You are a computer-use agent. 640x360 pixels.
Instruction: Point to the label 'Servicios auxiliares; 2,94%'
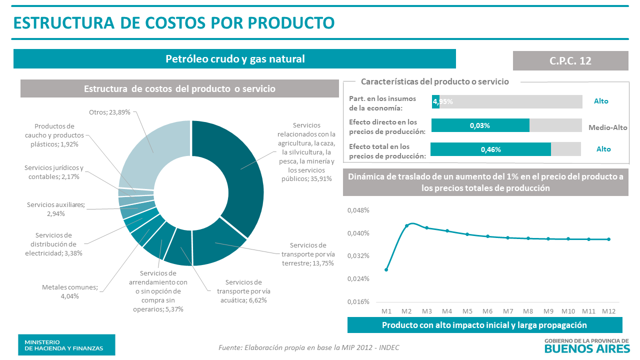point(56,209)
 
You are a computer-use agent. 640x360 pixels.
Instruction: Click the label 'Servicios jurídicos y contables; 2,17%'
point(54,172)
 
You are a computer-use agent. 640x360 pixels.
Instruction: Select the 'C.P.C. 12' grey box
point(570,60)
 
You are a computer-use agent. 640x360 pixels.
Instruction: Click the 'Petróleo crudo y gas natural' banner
point(234,59)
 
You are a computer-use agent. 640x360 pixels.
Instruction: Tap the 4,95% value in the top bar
point(443,101)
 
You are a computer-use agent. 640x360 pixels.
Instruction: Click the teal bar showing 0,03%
point(480,125)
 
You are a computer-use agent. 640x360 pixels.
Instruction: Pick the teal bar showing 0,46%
point(490,149)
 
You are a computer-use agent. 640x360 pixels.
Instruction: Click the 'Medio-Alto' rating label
point(607,127)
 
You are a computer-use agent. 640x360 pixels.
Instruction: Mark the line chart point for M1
point(386,270)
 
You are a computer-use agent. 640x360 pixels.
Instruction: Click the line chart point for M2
point(406,225)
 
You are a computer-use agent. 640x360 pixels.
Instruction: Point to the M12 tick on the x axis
point(608,311)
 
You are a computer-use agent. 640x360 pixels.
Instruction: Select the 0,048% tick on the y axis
point(358,210)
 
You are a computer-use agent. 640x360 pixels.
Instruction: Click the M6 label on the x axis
point(487,311)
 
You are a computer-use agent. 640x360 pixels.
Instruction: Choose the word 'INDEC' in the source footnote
point(388,347)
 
